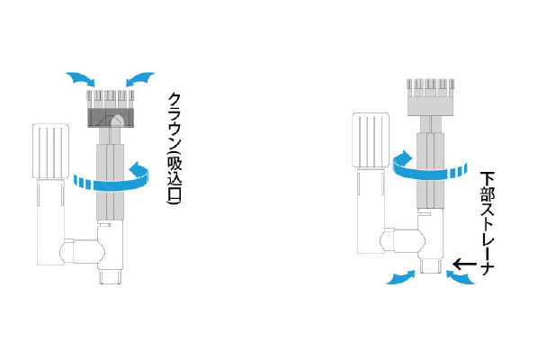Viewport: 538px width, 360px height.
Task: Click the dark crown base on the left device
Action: (111, 118)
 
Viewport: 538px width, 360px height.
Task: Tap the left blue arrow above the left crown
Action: (81, 79)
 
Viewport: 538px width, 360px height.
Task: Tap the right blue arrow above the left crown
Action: (140, 79)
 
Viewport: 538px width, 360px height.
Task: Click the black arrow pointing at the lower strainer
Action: (464, 265)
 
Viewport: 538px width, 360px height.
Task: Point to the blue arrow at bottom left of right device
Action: (400, 277)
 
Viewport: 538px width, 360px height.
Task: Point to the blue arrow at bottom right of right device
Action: (461, 277)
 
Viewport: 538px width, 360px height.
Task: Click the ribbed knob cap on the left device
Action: (50, 151)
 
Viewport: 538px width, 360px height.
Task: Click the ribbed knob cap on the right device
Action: (371, 139)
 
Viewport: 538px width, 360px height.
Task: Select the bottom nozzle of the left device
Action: (111, 276)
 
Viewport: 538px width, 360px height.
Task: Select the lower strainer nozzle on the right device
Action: (431, 266)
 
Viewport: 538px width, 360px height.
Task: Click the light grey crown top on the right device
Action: (430, 97)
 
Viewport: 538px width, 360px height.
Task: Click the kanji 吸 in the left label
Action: (174, 164)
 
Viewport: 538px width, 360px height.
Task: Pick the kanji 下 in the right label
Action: (488, 179)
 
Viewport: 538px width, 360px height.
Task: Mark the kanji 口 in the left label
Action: (174, 194)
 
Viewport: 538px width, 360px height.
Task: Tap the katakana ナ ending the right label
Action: (488, 269)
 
